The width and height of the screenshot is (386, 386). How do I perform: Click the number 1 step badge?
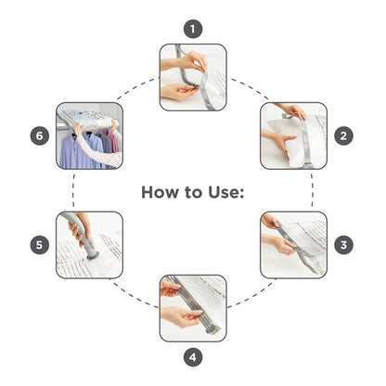pyautogui.click(x=193, y=29)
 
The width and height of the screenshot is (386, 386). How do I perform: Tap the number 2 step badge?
pyautogui.click(x=343, y=135)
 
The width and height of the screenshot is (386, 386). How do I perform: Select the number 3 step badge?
pyautogui.click(x=343, y=245)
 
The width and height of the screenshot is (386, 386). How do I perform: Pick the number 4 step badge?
pyautogui.click(x=193, y=357)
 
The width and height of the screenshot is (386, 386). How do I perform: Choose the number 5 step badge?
pyautogui.click(x=40, y=245)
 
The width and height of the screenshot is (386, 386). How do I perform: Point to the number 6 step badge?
pyautogui.click(x=40, y=135)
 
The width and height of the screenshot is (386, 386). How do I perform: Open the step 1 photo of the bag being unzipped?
pyautogui.click(x=193, y=77)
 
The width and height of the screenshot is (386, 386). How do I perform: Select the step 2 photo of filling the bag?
pyautogui.click(x=293, y=135)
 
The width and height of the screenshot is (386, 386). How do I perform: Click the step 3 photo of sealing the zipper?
pyautogui.click(x=293, y=245)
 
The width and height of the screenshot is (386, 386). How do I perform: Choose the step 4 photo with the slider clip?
pyautogui.click(x=193, y=308)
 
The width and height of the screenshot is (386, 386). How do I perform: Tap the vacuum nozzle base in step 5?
pyautogui.click(x=92, y=255)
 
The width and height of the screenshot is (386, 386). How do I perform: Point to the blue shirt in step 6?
pyautogui.click(x=81, y=151)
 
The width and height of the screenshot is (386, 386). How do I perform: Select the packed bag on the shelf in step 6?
pyautogui.click(x=88, y=118)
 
